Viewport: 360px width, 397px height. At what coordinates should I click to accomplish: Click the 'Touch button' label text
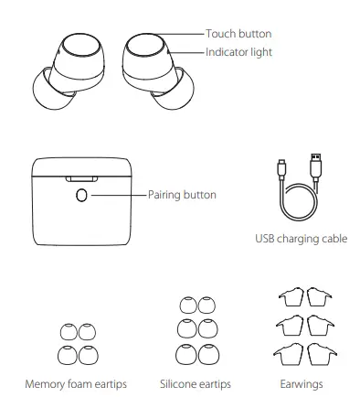238,34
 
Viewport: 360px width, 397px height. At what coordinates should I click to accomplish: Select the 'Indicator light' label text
239,52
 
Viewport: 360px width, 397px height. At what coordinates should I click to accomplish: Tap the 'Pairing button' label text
182,195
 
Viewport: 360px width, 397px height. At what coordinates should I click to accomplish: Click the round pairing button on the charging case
83,195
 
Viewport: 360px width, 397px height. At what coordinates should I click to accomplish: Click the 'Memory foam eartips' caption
76,383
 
